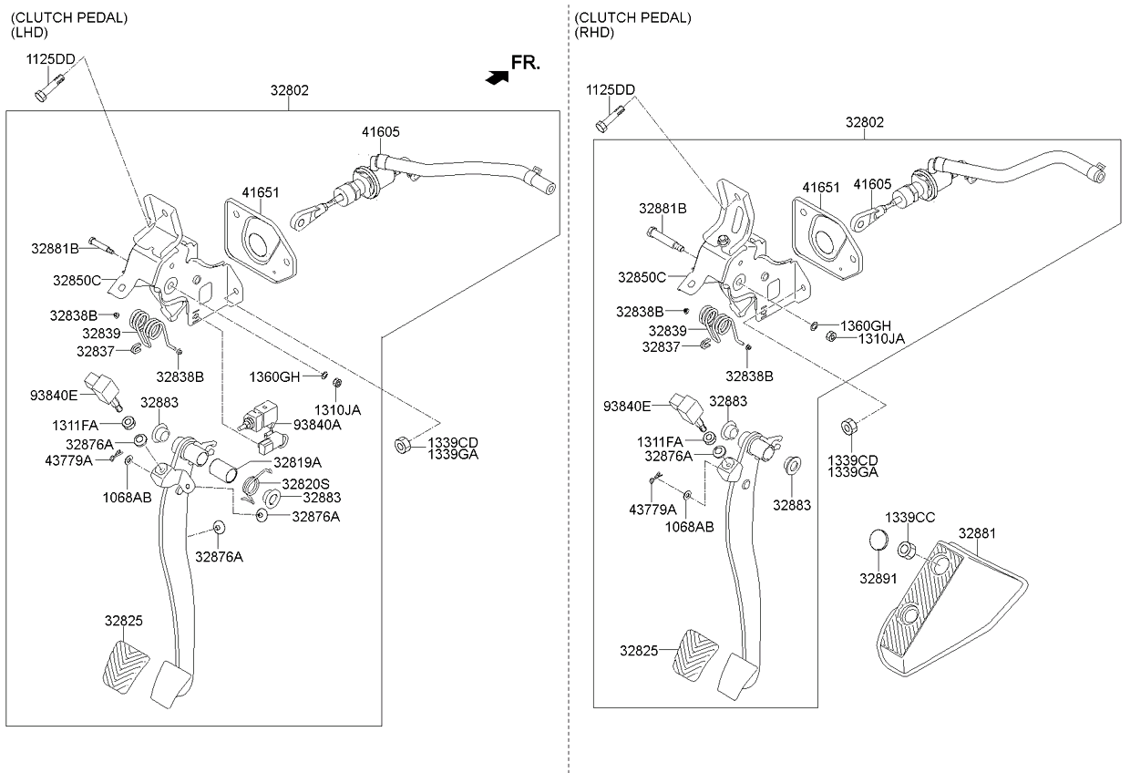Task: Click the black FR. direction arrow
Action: point(497,78)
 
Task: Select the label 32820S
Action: point(305,484)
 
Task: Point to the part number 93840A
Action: point(317,425)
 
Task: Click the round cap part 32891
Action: point(878,540)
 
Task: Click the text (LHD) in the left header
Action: point(29,32)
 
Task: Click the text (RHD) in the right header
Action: point(595,32)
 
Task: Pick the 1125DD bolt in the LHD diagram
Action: point(45,92)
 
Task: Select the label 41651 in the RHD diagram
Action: point(820,186)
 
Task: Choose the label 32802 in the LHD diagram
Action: point(289,90)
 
